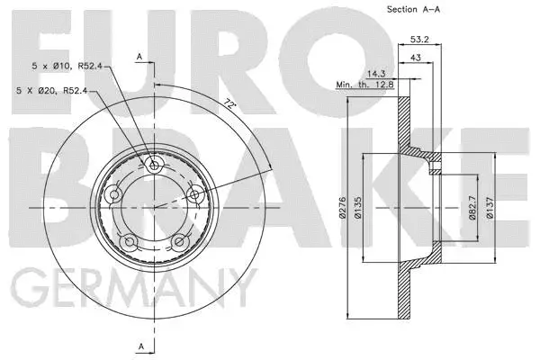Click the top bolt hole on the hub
(155, 166)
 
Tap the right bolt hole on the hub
(194, 192)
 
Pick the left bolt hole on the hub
(114, 195)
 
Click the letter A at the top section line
(139, 57)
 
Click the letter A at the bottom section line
(139, 345)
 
